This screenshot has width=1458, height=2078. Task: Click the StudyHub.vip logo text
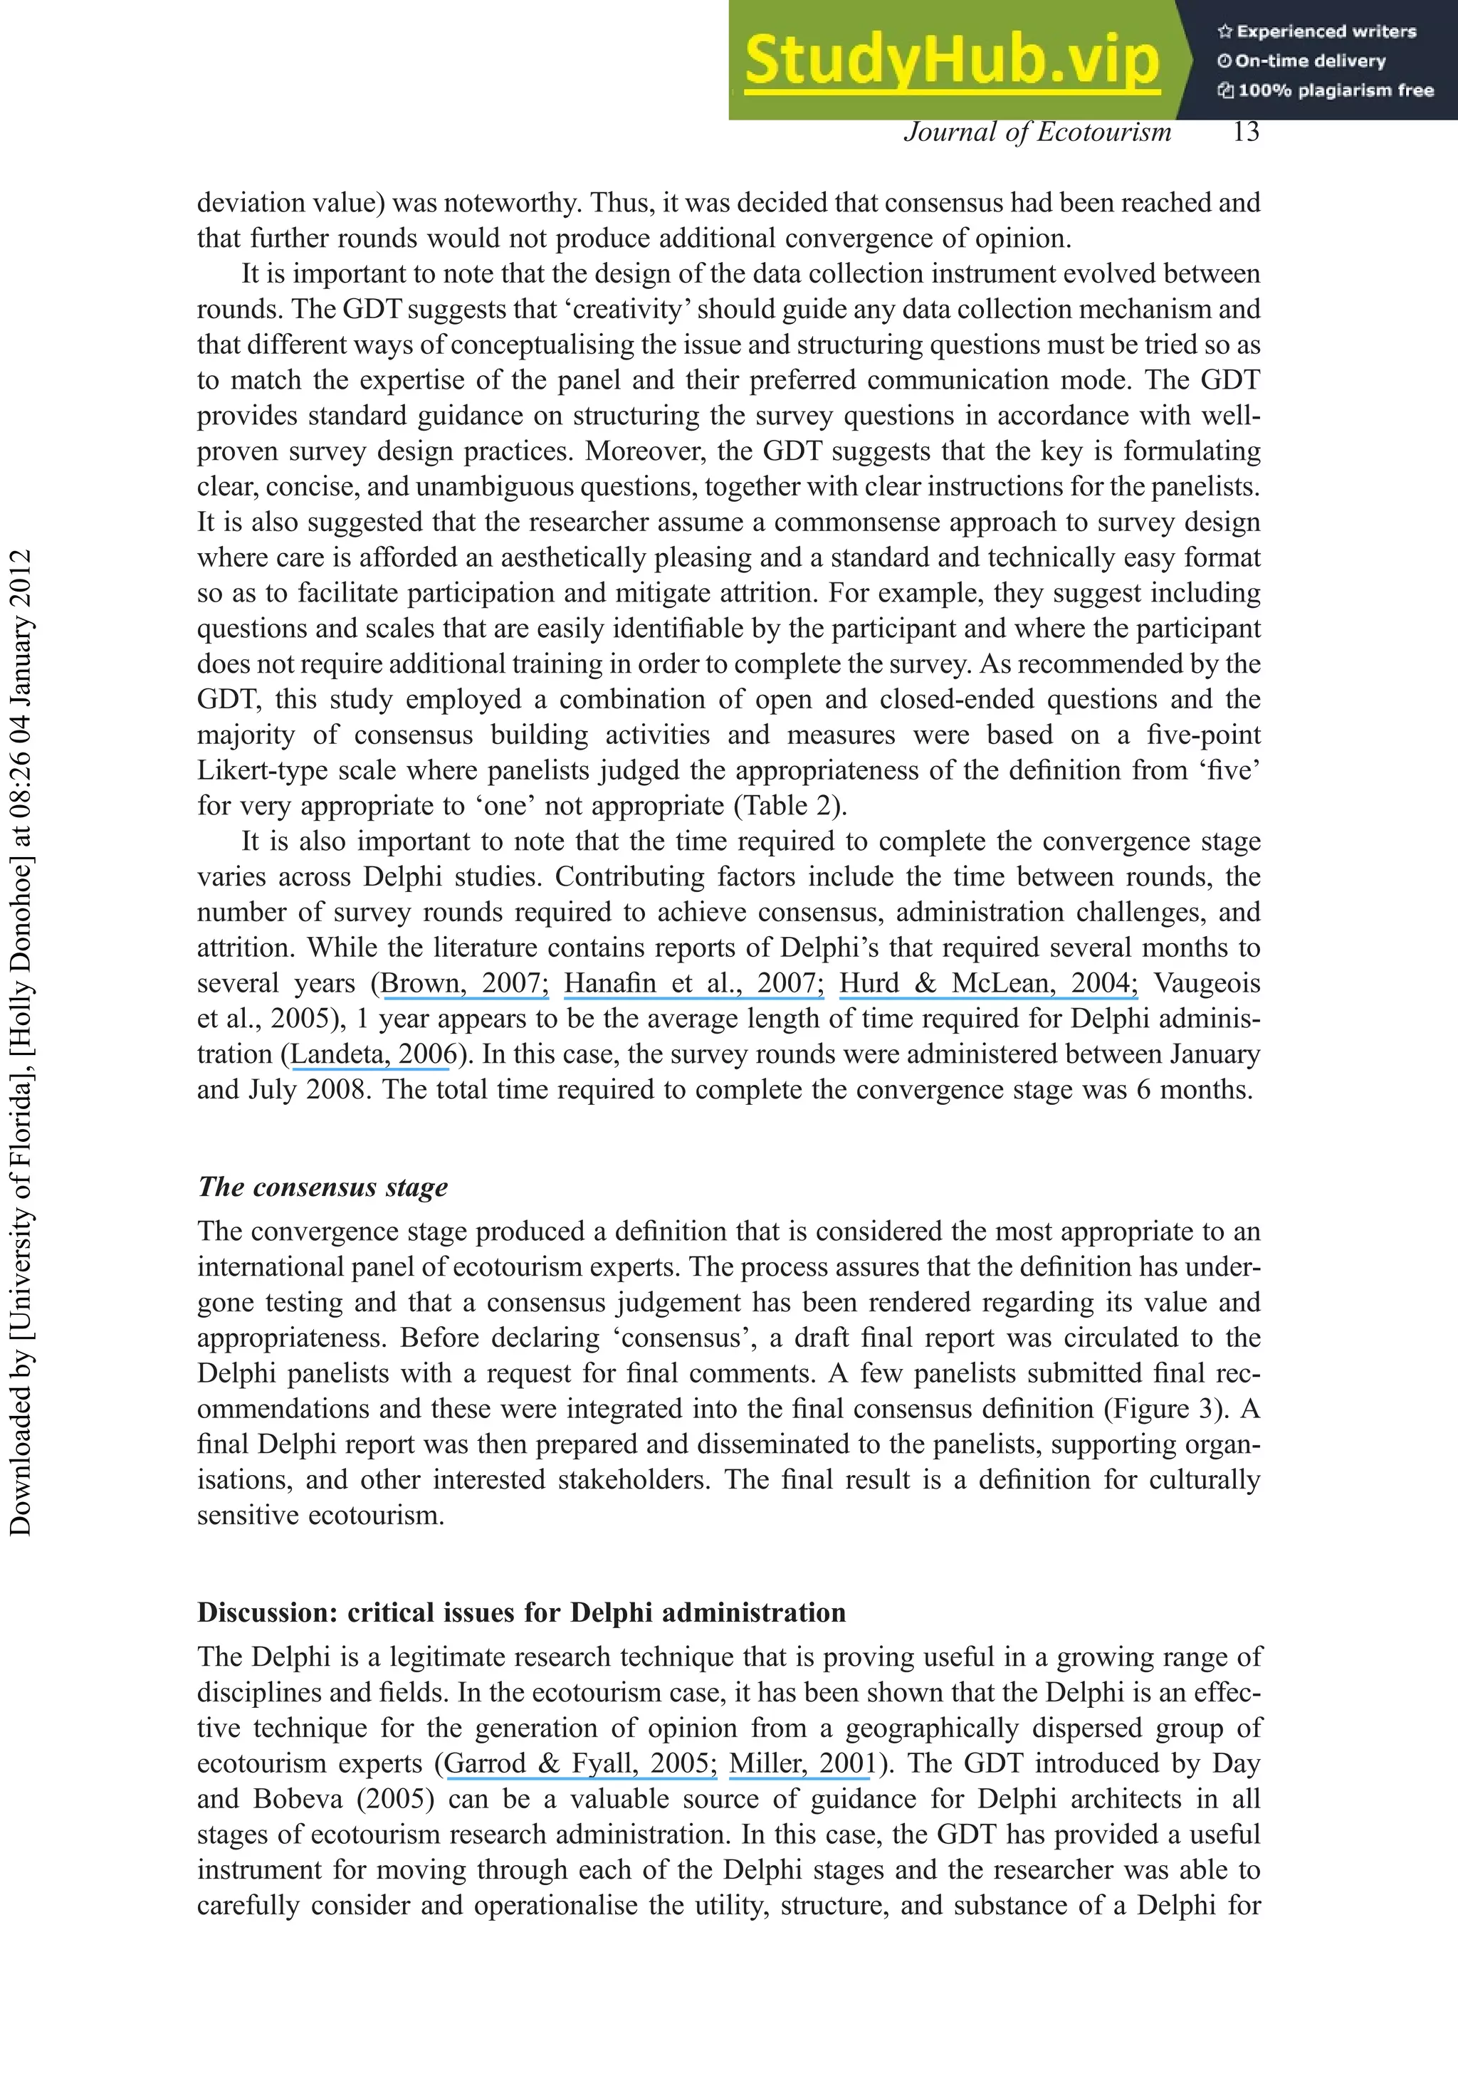(x=951, y=60)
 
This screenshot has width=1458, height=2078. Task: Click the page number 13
(x=1245, y=132)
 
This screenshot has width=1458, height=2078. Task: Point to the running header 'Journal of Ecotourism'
(x=1037, y=132)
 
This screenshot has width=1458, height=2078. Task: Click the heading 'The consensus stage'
(x=323, y=1187)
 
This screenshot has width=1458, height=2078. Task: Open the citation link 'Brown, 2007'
(x=463, y=983)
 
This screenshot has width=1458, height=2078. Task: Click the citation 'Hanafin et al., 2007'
(x=693, y=983)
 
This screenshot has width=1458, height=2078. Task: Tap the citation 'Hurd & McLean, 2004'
(x=988, y=983)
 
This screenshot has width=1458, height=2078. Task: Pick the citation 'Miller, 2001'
(x=803, y=1763)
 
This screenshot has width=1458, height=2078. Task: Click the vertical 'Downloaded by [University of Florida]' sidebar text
(x=20, y=1041)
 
